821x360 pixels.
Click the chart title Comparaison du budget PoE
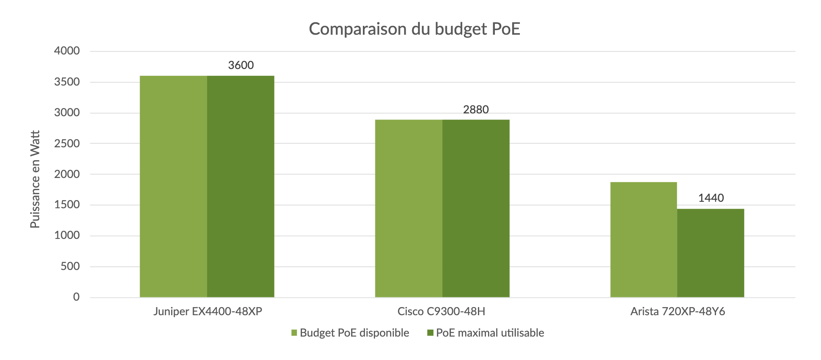point(414,29)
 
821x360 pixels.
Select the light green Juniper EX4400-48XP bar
point(173,186)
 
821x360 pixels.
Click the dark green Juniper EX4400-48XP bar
point(241,186)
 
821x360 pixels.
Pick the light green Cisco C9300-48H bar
point(408,208)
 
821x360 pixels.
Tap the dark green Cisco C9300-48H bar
point(476,208)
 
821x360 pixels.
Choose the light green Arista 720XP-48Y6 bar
point(643,240)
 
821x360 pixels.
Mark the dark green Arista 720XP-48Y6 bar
point(710,253)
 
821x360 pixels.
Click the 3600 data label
point(241,65)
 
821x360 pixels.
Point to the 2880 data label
point(476,110)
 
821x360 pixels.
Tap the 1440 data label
point(711,198)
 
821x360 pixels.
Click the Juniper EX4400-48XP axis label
point(207,312)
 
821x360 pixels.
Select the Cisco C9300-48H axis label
point(441,312)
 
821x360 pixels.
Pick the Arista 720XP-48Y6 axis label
point(678,312)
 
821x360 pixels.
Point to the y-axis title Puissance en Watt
point(36,179)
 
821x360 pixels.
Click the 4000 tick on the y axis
point(67,51)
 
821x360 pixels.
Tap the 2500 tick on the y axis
point(67,144)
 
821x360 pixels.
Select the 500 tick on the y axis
point(70,266)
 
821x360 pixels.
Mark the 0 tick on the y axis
point(76,297)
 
